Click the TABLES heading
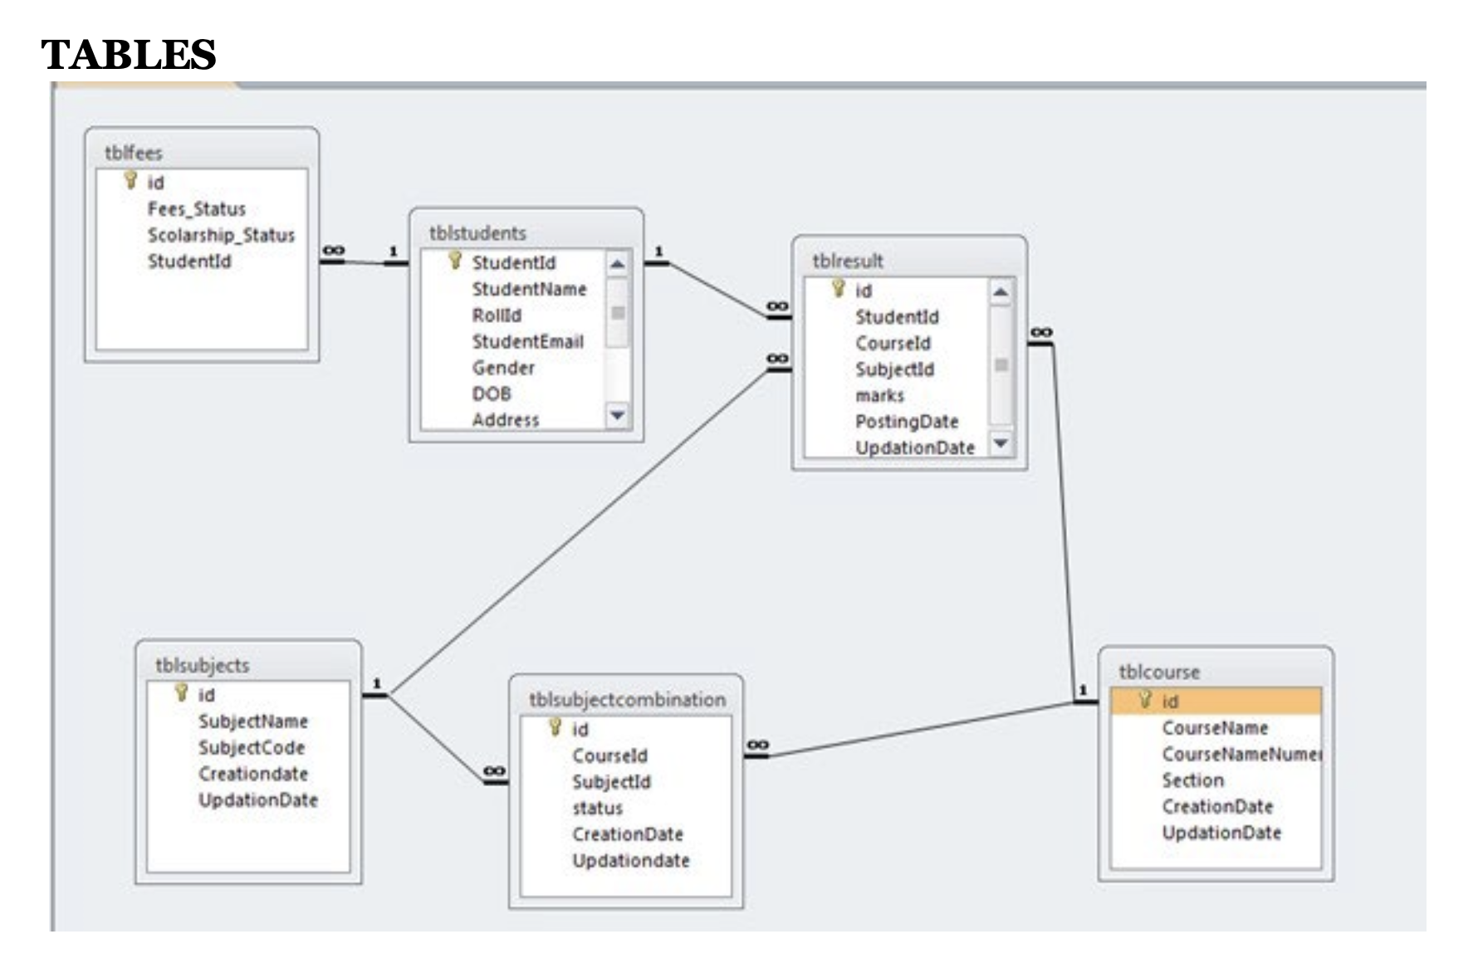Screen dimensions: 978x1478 click(128, 55)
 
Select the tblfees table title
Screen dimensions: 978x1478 click(133, 153)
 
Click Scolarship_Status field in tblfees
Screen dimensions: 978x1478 click(221, 235)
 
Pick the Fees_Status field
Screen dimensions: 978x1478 click(196, 208)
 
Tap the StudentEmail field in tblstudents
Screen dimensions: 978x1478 click(527, 341)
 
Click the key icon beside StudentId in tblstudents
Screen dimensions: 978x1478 click(455, 261)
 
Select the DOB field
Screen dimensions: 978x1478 click(492, 394)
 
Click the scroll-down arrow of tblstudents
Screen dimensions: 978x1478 click(617, 414)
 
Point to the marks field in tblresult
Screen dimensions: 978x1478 click(879, 395)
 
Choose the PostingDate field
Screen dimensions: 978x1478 click(906, 422)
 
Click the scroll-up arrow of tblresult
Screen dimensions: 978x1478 click(1001, 291)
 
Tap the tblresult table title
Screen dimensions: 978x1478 click(847, 261)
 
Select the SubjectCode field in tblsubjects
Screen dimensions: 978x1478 click(251, 747)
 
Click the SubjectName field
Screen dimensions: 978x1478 click(252, 721)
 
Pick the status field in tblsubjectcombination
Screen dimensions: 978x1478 click(596, 808)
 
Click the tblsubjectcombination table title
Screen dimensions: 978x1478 click(627, 700)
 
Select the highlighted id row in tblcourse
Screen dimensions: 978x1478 click(1215, 702)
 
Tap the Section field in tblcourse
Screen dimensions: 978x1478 click(1192, 780)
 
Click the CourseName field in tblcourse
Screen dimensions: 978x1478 click(1214, 728)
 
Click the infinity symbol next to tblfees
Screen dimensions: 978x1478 click(333, 251)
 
